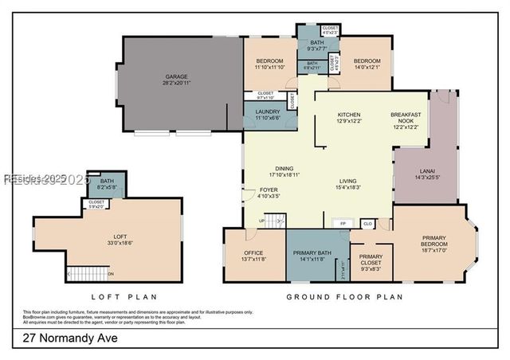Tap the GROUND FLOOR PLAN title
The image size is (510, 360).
pyautogui.click(x=344, y=297)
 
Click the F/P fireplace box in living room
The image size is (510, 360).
pyautogui.click(x=343, y=224)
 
